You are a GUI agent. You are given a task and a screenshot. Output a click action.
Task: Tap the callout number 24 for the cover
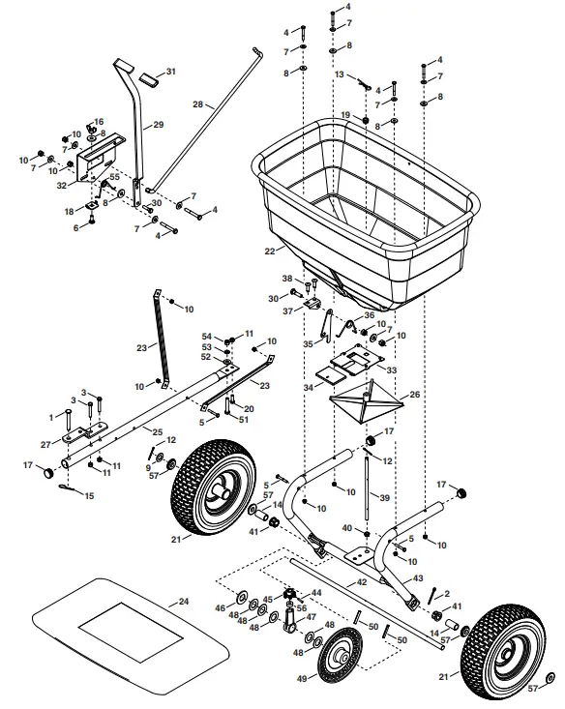[184, 601]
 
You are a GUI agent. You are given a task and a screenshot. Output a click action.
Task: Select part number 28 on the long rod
[198, 103]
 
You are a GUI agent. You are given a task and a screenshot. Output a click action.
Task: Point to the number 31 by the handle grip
[171, 73]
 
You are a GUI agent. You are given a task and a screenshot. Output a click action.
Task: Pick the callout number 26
[415, 395]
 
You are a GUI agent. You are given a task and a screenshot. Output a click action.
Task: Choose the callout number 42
[362, 583]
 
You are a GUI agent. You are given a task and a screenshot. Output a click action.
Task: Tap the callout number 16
[99, 122]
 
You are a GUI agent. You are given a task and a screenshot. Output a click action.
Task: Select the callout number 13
[340, 74]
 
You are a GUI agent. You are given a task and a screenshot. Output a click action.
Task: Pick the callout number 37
[287, 310]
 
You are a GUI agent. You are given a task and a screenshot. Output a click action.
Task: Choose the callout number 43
[418, 577]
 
